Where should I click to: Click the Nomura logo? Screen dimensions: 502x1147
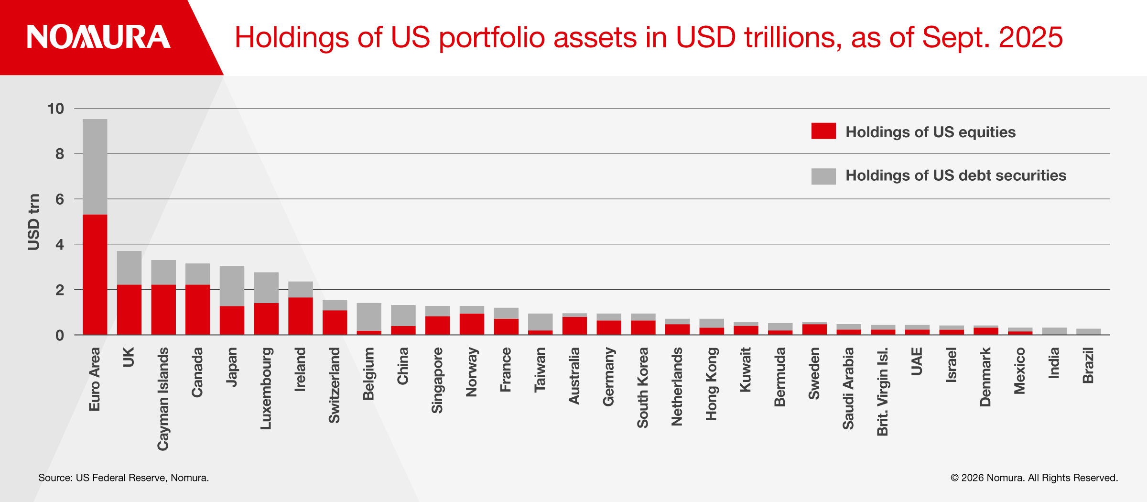pyautogui.click(x=98, y=37)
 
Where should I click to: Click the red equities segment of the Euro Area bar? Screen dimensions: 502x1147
pyautogui.click(x=95, y=274)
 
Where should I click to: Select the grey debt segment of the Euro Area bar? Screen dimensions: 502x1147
pyautogui.click(x=95, y=166)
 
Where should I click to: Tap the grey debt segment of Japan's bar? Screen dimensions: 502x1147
pyautogui.click(x=232, y=285)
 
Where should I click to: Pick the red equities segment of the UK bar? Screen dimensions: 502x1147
pyautogui.click(x=129, y=309)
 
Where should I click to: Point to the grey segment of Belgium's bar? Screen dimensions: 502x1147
pyautogui.click(x=369, y=316)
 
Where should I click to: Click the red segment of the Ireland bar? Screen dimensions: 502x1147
pyautogui.click(x=300, y=316)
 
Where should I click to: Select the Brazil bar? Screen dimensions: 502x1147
pyautogui.click(x=1088, y=331)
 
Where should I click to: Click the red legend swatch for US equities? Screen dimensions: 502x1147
pyautogui.click(x=823, y=131)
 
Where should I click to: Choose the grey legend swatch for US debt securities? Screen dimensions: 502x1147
pyautogui.click(x=823, y=176)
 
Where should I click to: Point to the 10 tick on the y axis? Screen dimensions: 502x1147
pyautogui.click(x=55, y=109)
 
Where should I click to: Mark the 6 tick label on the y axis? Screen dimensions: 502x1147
pyautogui.click(x=59, y=199)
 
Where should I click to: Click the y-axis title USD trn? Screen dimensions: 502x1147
pyautogui.click(x=33, y=222)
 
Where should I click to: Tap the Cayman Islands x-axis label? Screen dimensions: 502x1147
pyautogui.click(x=163, y=399)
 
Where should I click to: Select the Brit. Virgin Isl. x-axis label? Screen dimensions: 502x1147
pyautogui.click(x=882, y=391)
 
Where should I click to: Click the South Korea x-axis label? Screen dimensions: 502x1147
pyautogui.click(x=642, y=387)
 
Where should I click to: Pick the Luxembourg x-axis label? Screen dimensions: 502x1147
pyautogui.click(x=266, y=388)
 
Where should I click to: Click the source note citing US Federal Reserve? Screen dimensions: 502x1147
pyautogui.click(x=123, y=478)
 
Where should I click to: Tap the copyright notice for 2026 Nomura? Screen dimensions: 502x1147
pyautogui.click(x=1034, y=478)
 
